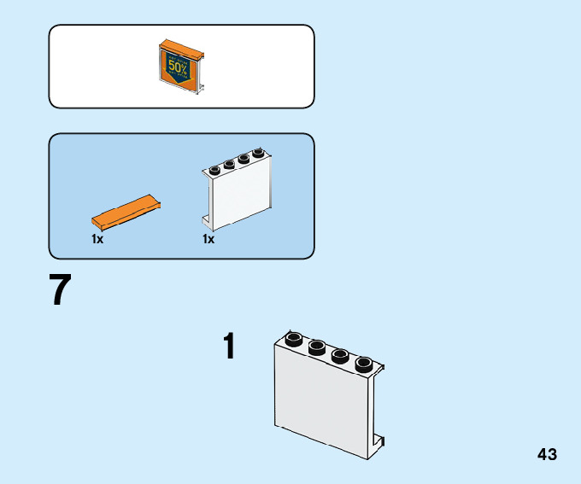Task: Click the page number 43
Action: pos(547,454)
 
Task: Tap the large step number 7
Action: pos(60,290)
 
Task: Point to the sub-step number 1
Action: pos(228,347)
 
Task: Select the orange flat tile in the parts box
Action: pos(127,213)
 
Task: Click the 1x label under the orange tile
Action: pos(97,240)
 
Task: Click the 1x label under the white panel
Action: pos(208,240)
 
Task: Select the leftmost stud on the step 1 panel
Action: pos(294,338)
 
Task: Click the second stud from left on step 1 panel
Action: pos(317,347)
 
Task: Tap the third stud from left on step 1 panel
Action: pos(339,354)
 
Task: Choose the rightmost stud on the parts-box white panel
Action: pos(257,154)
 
